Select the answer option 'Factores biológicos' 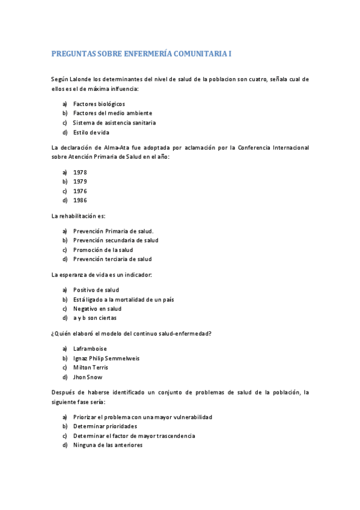click(x=99, y=103)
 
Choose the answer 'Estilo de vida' click(x=91, y=132)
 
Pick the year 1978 click(x=80, y=172)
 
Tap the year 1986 click(x=80, y=200)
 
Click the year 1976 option click(x=80, y=191)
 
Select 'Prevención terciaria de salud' click(x=112, y=259)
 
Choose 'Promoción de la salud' click(x=103, y=250)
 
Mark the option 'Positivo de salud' click(x=96, y=290)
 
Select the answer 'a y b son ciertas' click(x=95, y=318)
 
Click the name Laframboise click(x=90, y=348)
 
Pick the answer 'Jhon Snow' click(x=88, y=377)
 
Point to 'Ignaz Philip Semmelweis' click(x=106, y=358)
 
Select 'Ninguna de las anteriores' click(x=108, y=445)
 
